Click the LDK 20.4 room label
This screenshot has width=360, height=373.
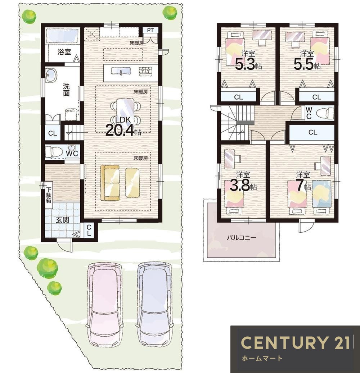pyautogui.click(x=123, y=127)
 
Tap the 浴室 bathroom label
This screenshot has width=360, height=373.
pyautogui.click(x=64, y=52)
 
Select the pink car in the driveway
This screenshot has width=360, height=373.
pyautogui.click(x=104, y=305)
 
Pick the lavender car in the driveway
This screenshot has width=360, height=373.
pyautogui.click(x=154, y=305)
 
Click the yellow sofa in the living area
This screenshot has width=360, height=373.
pyautogui.click(x=110, y=182)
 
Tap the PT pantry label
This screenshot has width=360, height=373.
pyautogui.click(x=150, y=30)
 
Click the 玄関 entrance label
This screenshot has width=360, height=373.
pyautogui.click(x=62, y=220)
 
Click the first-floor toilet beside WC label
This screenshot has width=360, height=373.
pyautogui.click(x=54, y=151)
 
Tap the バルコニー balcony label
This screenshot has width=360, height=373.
pyautogui.click(x=241, y=238)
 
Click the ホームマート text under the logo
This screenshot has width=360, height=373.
pyautogui.click(x=262, y=358)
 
